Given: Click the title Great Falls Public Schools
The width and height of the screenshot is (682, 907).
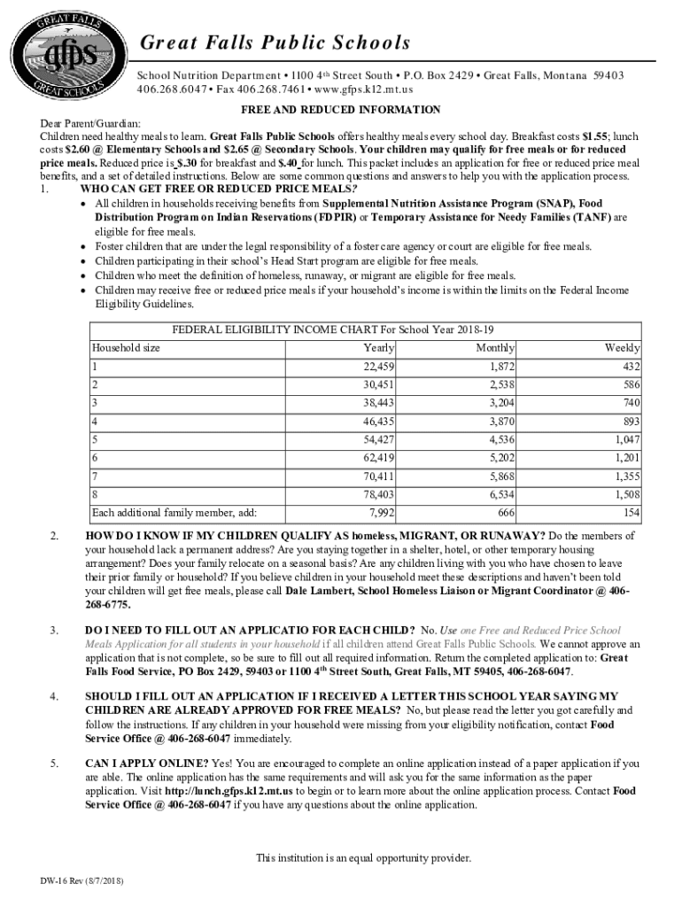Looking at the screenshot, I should coord(269,43).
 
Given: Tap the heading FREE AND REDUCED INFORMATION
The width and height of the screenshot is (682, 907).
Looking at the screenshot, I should coord(341,110).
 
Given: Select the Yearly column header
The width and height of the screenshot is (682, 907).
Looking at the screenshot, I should coord(379,348).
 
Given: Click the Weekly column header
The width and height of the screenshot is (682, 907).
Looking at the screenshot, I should coord(622,348).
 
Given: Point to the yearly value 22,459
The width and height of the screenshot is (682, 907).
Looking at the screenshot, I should coord(379,367).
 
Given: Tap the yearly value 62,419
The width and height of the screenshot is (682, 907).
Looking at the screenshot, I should coord(379,458).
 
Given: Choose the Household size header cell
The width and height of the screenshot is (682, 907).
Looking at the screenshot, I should coord(127,348).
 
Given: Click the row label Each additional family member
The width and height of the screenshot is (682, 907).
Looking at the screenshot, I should coord(174,514).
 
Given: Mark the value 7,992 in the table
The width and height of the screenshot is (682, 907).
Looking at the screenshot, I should coord(382,514).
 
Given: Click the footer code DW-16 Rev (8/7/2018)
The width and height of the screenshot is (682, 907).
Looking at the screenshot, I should coord(81,882).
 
